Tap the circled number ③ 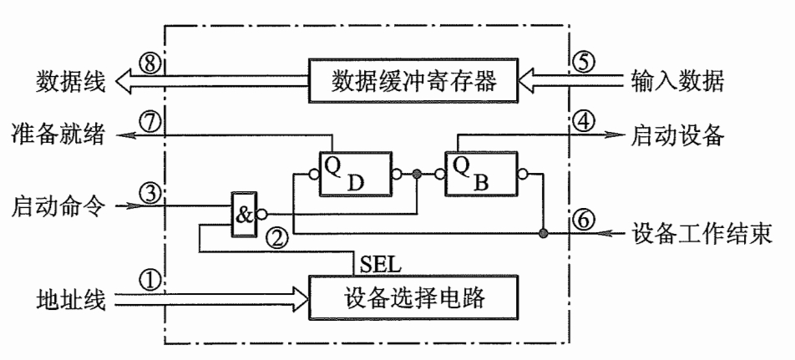(x=149, y=195)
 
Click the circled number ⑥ (x=585, y=216)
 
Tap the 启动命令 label (x=58, y=205)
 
